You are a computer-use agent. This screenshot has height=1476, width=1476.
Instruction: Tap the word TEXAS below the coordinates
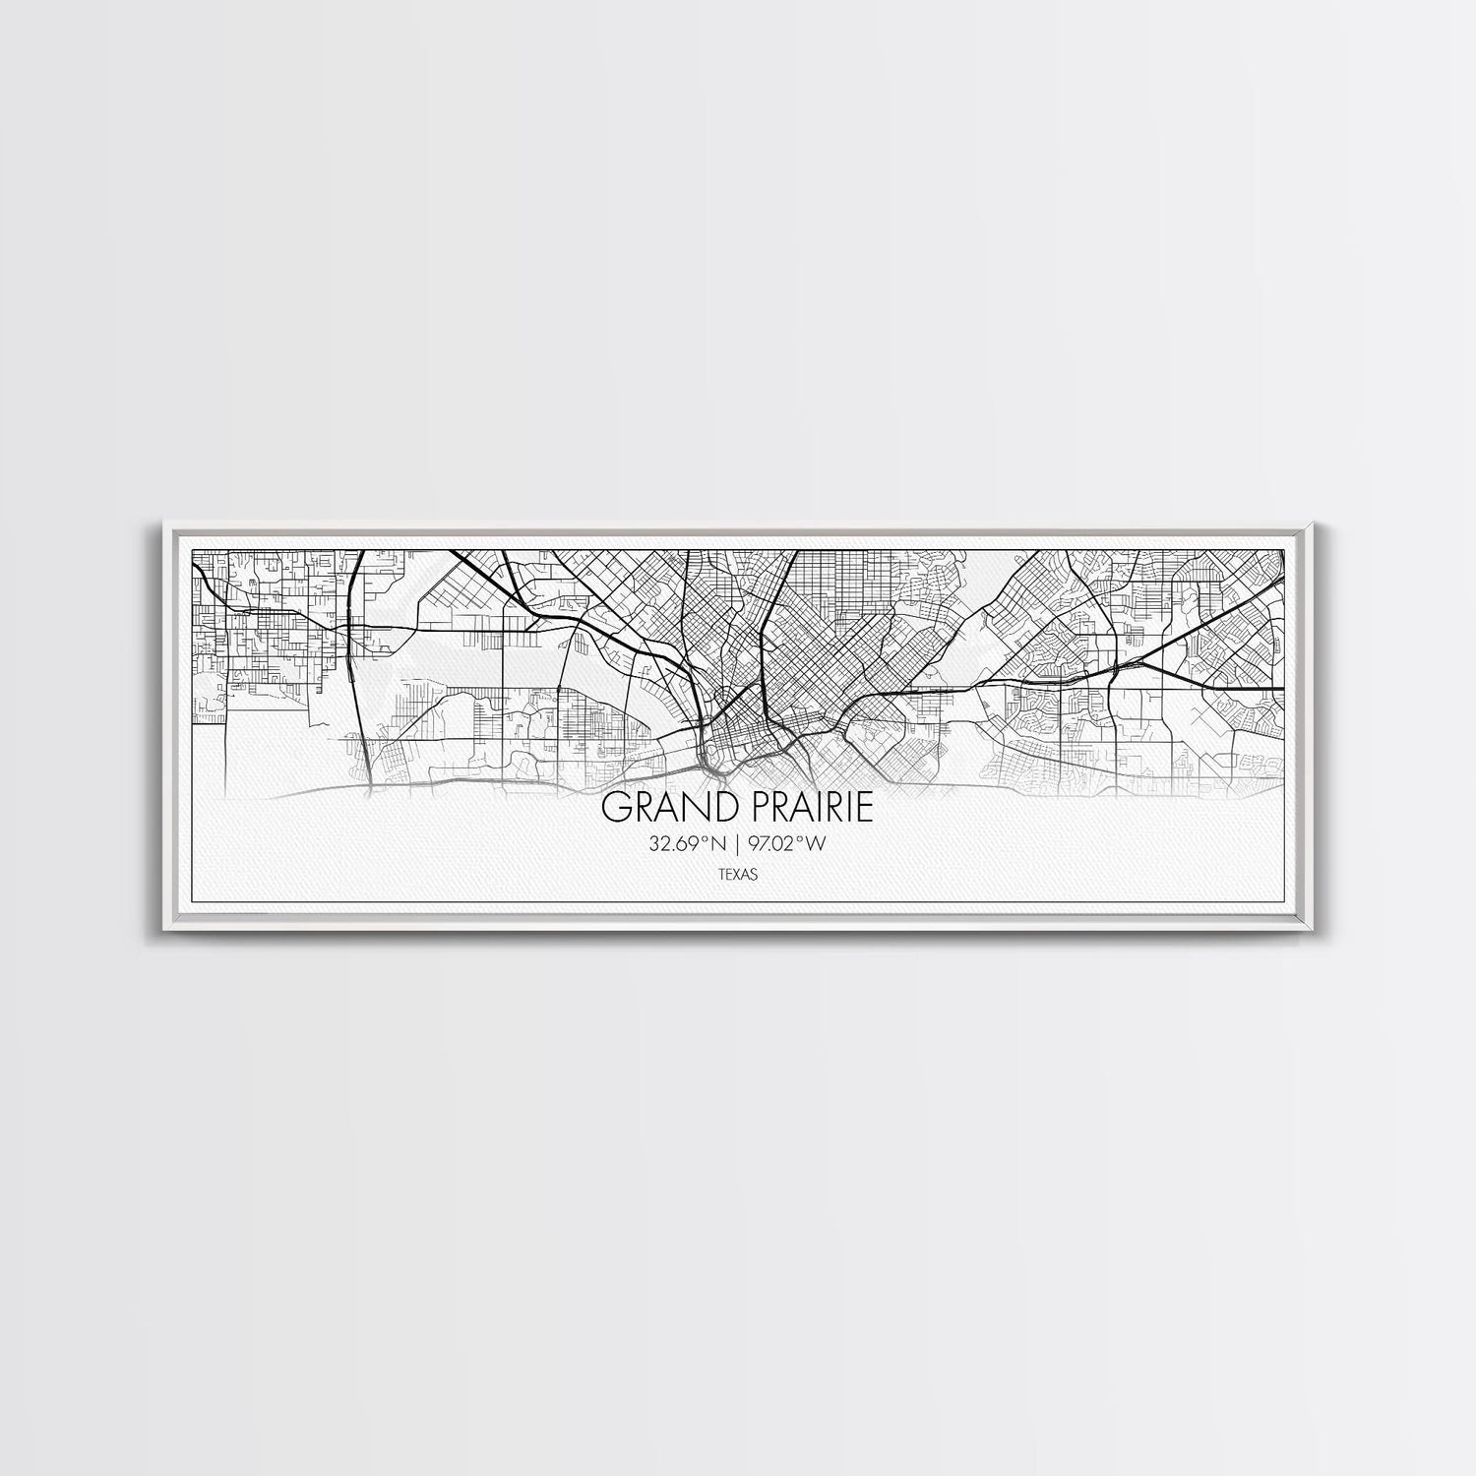tap(737, 873)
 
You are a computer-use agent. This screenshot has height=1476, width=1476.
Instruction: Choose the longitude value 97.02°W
tap(785, 843)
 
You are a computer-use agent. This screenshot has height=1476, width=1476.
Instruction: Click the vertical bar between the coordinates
tap(738, 843)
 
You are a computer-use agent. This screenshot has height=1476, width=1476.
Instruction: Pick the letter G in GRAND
tap(615, 809)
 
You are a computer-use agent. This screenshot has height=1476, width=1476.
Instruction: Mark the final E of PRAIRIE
tap(865, 809)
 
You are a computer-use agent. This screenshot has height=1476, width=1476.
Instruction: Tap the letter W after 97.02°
tap(816, 843)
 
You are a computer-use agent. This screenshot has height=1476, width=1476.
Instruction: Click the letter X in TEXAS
tap(736, 873)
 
